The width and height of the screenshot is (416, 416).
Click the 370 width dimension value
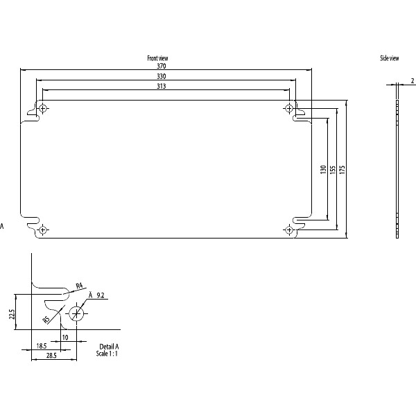tap(162, 65)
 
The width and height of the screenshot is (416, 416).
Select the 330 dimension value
tap(162, 76)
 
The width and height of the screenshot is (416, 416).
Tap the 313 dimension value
tap(162, 86)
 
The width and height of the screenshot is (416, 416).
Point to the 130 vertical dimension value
tap(323, 169)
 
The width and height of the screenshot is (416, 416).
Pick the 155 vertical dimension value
tap(333, 169)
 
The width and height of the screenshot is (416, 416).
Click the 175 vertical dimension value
tap(343, 169)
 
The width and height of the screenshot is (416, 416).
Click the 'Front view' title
tap(157, 58)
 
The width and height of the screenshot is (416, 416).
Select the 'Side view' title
tap(389, 58)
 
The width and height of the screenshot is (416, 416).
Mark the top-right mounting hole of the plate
tap(288, 108)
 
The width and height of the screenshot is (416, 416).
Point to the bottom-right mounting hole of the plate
tap(288, 229)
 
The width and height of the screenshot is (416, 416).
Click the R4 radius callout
tap(79, 286)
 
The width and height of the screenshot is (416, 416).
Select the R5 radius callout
tap(46, 319)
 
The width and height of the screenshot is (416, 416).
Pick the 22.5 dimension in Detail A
tap(12, 315)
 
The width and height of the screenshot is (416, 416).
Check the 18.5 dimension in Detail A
tap(42, 345)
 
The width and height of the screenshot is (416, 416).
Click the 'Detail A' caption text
tap(108, 345)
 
